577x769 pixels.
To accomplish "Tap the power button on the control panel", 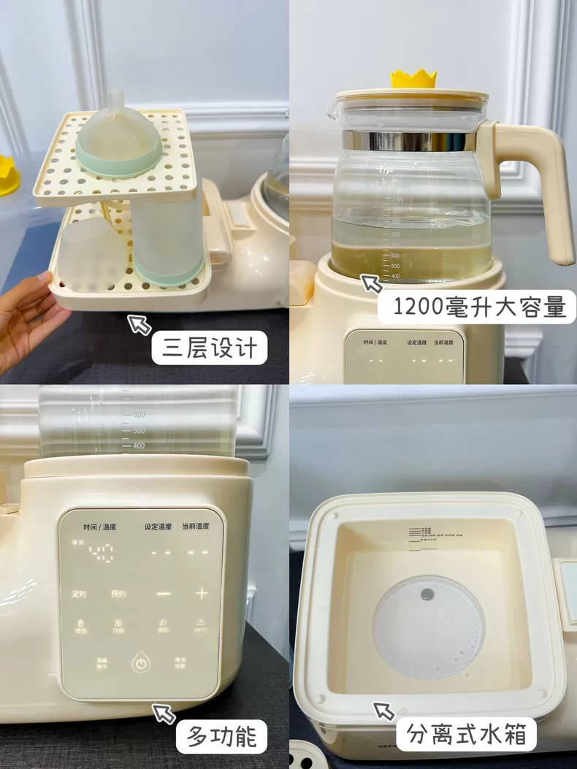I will click(140, 664).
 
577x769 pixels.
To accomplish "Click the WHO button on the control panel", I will click(199, 626).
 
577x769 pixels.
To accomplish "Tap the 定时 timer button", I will click(78, 594).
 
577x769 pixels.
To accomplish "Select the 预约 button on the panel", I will click(118, 594).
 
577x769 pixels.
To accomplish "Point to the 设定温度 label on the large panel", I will click(158, 527).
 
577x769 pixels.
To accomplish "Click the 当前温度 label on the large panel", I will click(196, 527).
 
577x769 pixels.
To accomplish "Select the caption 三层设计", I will click(209, 348).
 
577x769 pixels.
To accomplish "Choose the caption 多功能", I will click(222, 735).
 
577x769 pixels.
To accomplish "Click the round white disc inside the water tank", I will click(428, 627).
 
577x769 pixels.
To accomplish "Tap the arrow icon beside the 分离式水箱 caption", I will click(384, 710).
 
